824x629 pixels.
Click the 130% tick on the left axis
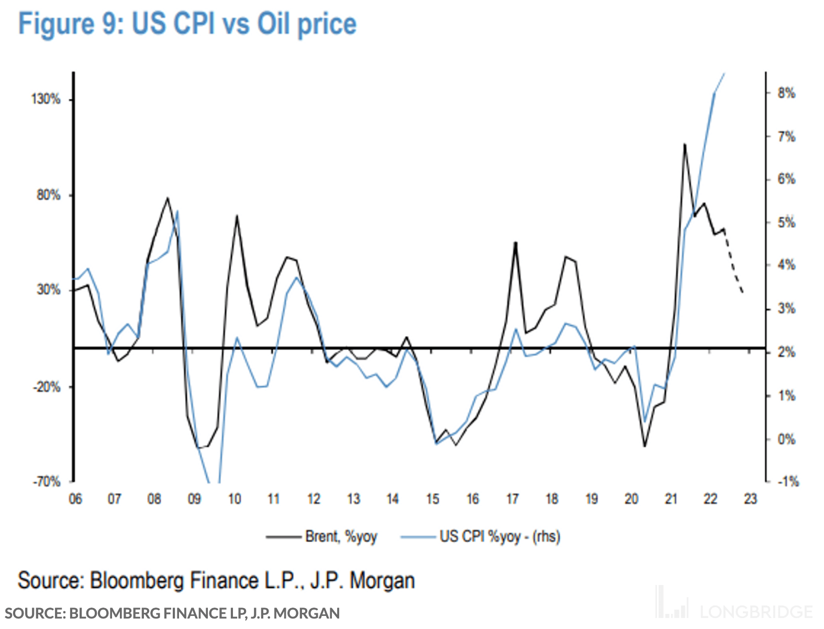pos(46,99)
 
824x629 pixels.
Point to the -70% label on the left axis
pos(46,481)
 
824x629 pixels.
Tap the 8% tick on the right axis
pos(786,93)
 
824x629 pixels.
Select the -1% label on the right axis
pos(787,481)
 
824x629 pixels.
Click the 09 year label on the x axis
pos(194,499)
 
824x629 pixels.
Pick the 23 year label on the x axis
pos(750,499)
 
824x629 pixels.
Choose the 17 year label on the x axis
pos(513,499)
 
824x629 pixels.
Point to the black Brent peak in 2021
pos(685,144)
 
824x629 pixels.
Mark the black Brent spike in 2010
pos(237,216)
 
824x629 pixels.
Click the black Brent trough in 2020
pos(644,446)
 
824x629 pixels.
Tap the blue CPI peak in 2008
pos(177,211)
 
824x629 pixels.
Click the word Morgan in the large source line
pos(382,581)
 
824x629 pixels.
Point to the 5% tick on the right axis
pos(786,222)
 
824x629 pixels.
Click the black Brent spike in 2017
pos(515,243)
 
